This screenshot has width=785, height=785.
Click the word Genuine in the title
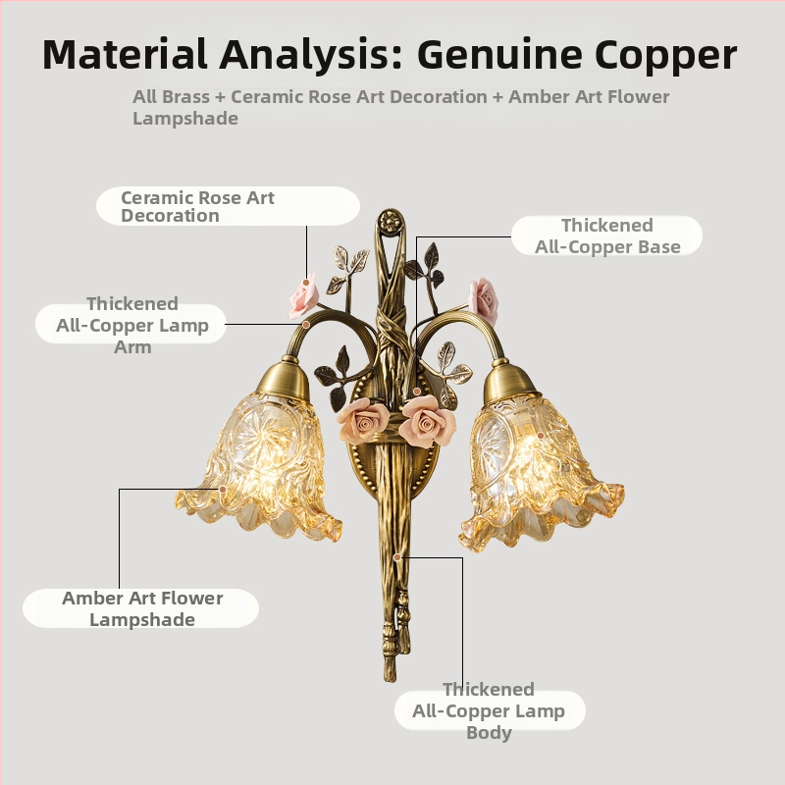click(x=500, y=55)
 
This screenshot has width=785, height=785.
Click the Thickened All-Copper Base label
click(x=606, y=235)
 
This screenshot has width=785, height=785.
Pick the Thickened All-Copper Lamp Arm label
click(x=131, y=325)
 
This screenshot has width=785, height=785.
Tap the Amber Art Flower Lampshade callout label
click(x=141, y=608)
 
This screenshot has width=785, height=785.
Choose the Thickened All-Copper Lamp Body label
click(x=490, y=710)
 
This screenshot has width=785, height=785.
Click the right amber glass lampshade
click(x=541, y=471)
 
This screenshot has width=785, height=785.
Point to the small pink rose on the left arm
click(x=303, y=296)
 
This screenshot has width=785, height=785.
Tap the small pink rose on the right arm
click(x=483, y=300)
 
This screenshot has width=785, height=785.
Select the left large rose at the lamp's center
click(x=364, y=421)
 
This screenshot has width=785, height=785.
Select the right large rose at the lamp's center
click(x=428, y=421)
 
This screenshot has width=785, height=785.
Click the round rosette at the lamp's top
click(x=391, y=220)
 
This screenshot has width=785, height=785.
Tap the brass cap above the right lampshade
click(x=510, y=380)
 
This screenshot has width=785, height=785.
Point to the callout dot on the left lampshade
click(x=223, y=489)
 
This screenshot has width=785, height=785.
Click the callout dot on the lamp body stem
click(x=397, y=556)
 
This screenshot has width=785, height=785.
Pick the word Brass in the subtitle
click(x=185, y=96)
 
